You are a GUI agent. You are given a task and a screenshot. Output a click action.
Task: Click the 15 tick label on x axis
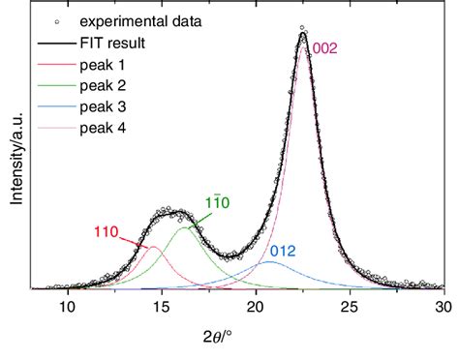pos(162,307)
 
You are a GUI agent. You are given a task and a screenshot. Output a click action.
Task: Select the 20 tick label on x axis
pos(256,307)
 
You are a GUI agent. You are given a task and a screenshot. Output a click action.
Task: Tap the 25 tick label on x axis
pos(350,307)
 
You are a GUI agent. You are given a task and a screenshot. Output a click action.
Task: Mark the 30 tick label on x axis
pos(442,307)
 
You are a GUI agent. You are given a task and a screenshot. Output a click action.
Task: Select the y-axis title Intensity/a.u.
pos(14,151)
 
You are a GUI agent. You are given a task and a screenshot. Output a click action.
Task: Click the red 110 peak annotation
pos(107,230)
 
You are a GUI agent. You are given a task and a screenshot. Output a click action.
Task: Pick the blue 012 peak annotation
pos(283,251)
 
